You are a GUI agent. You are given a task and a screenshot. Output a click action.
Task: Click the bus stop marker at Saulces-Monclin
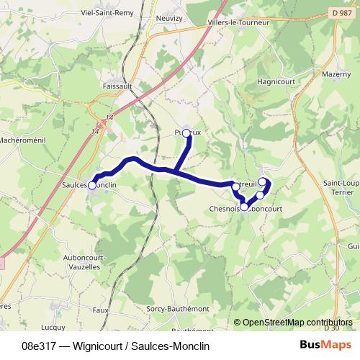[x=91, y=185]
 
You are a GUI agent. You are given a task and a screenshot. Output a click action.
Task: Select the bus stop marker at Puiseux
[x=186, y=132]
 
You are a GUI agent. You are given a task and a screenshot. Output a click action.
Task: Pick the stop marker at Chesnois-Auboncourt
[x=244, y=207]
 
